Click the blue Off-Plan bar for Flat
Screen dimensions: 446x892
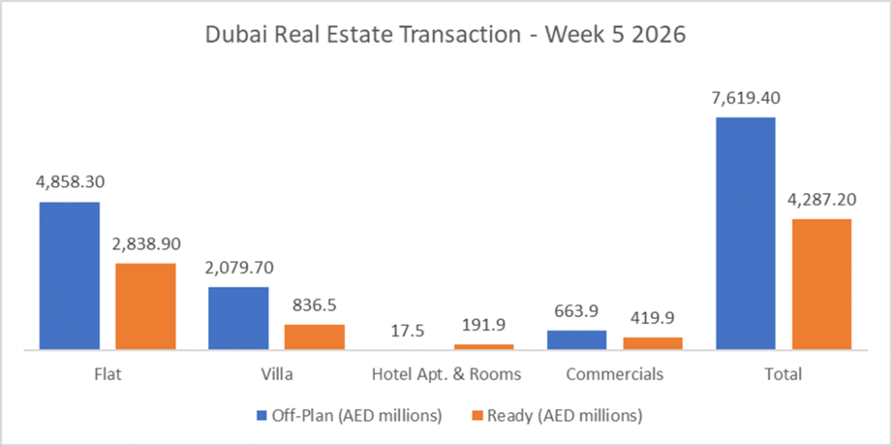click(70, 275)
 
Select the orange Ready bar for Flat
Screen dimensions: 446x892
click(145, 306)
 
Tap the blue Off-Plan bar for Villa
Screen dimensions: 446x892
click(239, 318)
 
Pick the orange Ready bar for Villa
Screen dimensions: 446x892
click(314, 337)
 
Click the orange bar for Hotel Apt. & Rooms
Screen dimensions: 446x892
click(483, 347)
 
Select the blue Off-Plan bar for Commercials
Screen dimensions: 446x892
click(577, 340)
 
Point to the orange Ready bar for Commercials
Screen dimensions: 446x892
click(652, 343)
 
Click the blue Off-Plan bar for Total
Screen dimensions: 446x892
click(746, 233)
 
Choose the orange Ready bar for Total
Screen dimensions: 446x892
click(821, 284)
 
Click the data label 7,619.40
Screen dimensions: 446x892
click(746, 98)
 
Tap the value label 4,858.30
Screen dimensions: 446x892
click(70, 183)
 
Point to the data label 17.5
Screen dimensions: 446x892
click(408, 331)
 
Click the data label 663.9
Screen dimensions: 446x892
click(577, 312)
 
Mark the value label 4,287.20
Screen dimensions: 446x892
click(821, 199)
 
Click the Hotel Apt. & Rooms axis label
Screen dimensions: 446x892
click(446, 375)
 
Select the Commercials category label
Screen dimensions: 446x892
click(614, 375)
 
